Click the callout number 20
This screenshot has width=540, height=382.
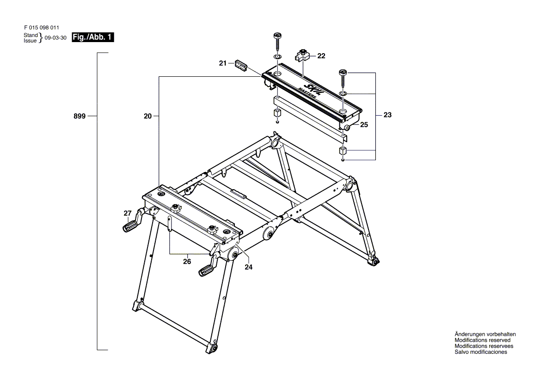tap(147, 117)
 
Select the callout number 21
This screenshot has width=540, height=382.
tap(223, 63)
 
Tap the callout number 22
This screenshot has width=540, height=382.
tap(321, 56)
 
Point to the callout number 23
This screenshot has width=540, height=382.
tap(387, 115)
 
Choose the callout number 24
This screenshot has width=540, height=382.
tap(249, 267)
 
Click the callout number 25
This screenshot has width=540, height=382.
tap(364, 125)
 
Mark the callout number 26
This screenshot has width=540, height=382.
tap(187, 262)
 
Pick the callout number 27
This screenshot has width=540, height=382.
tap(128, 213)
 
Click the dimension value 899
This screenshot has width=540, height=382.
tap(80, 117)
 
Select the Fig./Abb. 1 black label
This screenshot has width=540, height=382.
tap(92, 38)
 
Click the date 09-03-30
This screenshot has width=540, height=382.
tap(56, 38)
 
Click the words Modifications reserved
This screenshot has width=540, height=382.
tap(482, 340)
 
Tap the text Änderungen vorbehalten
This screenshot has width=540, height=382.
tap(485, 334)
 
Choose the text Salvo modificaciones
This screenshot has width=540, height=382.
tap(480, 352)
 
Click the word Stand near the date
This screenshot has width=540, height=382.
tap(31, 35)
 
